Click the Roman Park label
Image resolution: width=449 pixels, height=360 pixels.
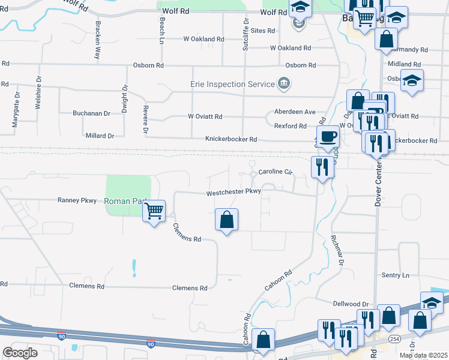pos(124,201)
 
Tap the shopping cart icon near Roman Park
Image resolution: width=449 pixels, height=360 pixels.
pos(154,211)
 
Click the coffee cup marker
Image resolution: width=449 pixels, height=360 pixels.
pos(327,136)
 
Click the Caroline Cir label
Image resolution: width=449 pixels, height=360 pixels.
pos(274,172)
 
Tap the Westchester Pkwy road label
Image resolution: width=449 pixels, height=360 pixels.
pos(234,193)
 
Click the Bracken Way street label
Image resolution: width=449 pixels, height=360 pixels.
pos(97,40)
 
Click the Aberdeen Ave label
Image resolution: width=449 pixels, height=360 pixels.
pos(295,112)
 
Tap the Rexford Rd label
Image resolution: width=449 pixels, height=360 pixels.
pos(290,126)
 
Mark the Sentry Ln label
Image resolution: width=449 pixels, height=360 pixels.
pos(395,275)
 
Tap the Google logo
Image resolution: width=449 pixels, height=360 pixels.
pos(20,352)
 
